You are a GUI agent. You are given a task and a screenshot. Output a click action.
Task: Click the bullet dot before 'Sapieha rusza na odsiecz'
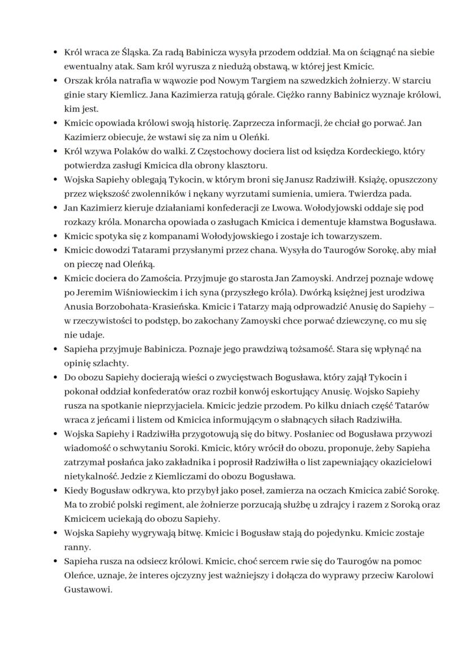tap(55, 561)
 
